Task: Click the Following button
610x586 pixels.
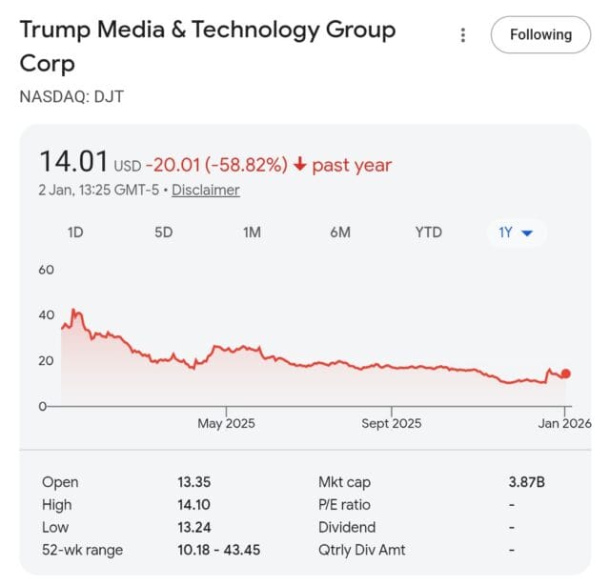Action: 540,34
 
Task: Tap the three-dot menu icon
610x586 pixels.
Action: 463,35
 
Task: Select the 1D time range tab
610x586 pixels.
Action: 75,232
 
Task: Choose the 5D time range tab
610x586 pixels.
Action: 163,232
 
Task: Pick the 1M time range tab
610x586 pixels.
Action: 252,232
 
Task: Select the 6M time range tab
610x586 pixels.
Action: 340,232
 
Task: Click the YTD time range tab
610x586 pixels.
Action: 429,232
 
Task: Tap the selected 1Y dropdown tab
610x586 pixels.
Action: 516,232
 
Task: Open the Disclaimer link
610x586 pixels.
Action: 206,190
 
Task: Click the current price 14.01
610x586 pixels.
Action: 72,162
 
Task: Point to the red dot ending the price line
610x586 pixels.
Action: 565,374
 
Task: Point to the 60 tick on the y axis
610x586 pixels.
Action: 46,270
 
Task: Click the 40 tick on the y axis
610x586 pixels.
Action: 46,315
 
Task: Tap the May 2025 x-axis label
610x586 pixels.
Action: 226,423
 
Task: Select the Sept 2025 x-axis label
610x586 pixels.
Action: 391,423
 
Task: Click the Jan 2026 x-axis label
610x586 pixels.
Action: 564,423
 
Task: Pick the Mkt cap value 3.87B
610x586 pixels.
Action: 526,482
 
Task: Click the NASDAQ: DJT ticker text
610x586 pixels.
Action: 71,96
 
